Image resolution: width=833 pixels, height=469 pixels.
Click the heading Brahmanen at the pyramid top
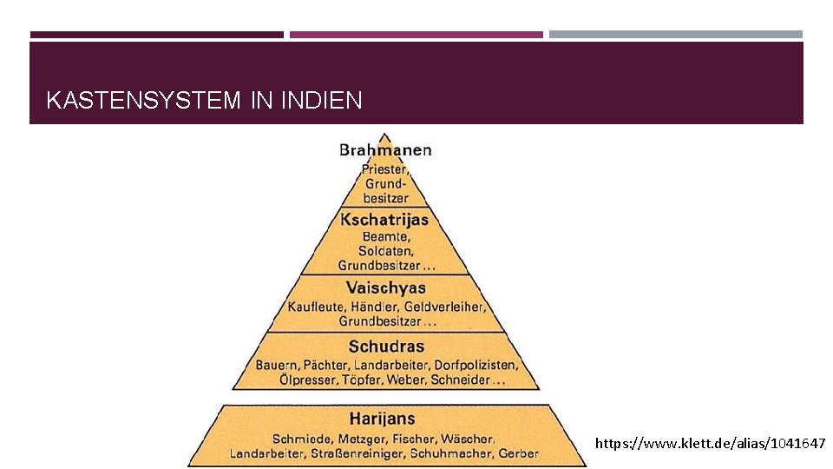(x=385, y=149)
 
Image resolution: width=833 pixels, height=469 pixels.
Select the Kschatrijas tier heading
(x=384, y=220)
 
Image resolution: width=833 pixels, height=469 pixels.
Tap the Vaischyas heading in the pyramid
(x=386, y=287)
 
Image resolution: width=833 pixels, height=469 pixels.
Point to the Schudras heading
(x=386, y=347)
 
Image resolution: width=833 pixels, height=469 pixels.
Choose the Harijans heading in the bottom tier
(x=383, y=419)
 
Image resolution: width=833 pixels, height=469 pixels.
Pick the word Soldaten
(x=385, y=251)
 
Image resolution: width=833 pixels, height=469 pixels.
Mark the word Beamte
(x=384, y=236)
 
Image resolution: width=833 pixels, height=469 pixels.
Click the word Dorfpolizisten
(x=475, y=365)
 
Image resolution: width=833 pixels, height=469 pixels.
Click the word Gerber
(x=520, y=452)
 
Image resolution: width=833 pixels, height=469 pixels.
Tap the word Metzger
(x=357, y=439)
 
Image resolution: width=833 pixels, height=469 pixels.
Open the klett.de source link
(x=710, y=444)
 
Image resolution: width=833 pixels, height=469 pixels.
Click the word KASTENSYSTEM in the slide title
(x=143, y=101)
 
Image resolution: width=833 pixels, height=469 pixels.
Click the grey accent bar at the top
(x=675, y=35)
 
